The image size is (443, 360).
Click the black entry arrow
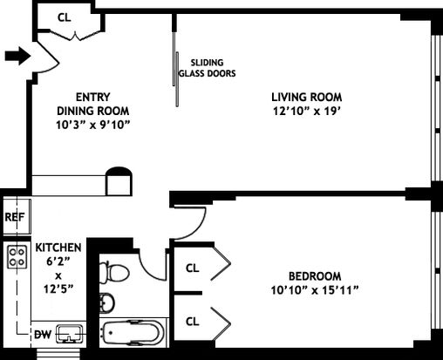click(17, 56)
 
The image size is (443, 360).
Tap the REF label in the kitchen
click(15, 217)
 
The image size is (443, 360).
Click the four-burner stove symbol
click(17, 257)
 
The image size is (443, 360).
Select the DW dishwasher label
click(43, 335)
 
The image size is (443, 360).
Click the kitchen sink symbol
click(70, 334)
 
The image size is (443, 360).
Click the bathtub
click(133, 334)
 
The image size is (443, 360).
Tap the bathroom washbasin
click(107, 302)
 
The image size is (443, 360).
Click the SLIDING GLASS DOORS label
click(207, 68)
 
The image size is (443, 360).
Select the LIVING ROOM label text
click(307, 97)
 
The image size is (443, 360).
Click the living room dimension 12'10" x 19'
click(307, 111)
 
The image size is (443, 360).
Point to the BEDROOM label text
click(315, 275)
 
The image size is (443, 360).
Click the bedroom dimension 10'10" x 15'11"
click(315, 290)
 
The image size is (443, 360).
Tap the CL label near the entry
click(65, 17)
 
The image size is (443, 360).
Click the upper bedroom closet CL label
click(192, 268)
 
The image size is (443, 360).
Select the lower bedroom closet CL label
click(192, 322)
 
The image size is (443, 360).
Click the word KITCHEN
click(58, 248)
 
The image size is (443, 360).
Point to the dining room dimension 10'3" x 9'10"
click(92, 125)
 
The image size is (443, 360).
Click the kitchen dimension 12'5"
click(58, 289)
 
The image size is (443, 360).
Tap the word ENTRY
click(92, 97)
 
